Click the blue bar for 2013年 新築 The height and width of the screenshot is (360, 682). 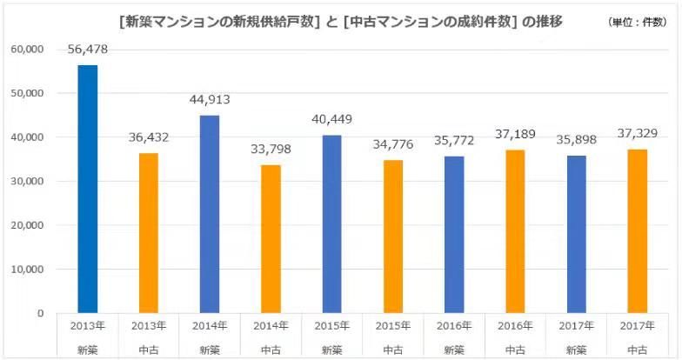point(88,189)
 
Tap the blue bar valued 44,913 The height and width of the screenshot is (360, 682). point(210,214)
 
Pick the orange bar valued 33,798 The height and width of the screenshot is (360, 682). point(271,238)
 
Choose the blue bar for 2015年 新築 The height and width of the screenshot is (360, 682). point(331,223)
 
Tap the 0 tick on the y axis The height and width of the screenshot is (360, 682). point(40,313)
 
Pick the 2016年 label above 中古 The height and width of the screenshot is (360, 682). point(514,325)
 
